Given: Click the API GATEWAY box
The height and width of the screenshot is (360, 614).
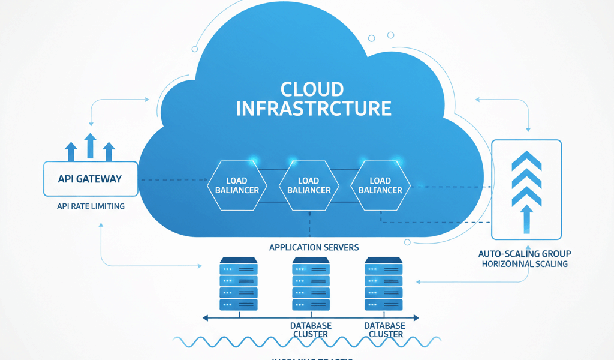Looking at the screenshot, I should (x=91, y=179).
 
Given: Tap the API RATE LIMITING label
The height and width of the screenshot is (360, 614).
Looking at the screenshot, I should (x=91, y=206).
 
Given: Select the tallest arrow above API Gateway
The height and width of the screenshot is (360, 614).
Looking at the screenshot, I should (x=91, y=146).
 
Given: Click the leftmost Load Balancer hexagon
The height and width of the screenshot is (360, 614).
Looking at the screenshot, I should (x=237, y=185).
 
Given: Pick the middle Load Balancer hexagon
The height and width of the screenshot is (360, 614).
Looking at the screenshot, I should (x=309, y=185).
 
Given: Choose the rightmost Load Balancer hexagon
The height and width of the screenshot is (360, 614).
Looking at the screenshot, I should (x=380, y=185).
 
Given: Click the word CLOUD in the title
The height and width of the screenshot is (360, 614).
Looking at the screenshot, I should (x=312, y=89).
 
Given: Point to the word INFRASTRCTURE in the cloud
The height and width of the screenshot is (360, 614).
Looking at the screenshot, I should (x=314, y=109).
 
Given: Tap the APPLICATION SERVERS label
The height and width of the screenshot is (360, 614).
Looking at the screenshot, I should (x=314, y=247).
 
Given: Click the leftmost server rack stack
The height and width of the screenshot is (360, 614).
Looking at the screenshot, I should (x=239, y=284).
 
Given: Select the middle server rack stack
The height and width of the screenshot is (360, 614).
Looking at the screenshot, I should (x=310, y=284).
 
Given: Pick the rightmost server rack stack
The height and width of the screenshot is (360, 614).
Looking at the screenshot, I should (x=384, y=284).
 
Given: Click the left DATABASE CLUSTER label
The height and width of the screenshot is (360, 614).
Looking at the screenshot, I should (x=311, y=330).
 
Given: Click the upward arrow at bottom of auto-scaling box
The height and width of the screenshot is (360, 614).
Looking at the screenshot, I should (x=526, y=219).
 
